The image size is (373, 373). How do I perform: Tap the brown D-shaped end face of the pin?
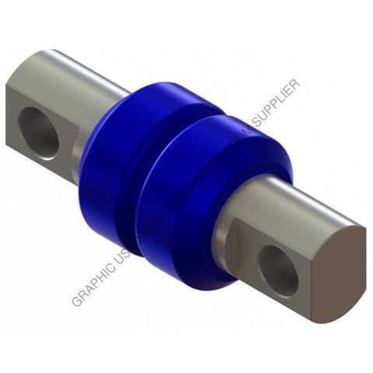pos(340,269)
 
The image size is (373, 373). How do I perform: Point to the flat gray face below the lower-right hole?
pos(280,299)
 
